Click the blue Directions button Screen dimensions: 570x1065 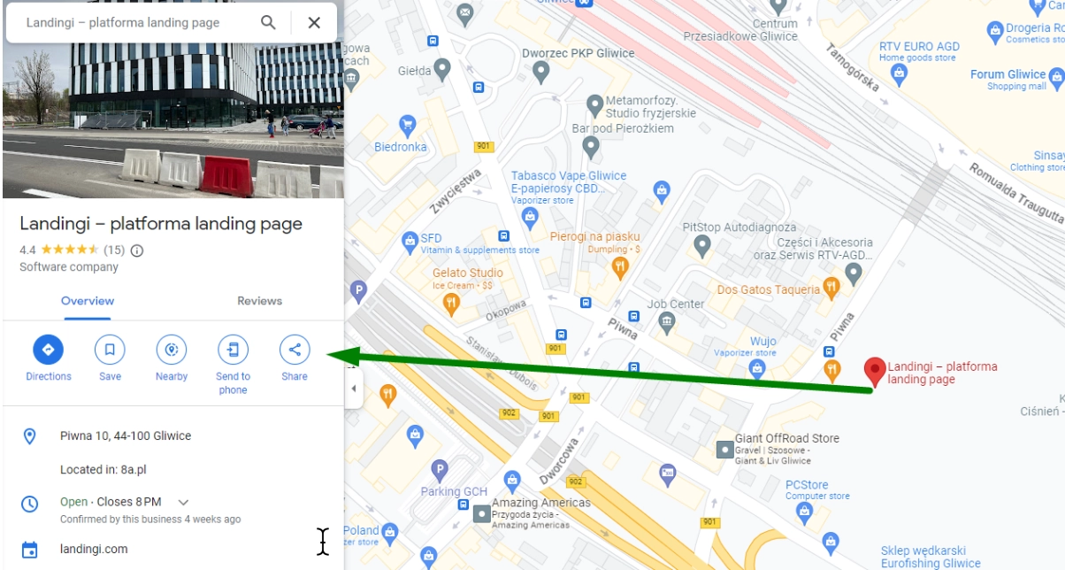[x=48, y=350]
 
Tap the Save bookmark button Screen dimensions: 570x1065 [x=110, y=350]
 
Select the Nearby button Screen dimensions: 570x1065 [x=171, y=350]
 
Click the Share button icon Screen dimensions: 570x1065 [x=295, y=350]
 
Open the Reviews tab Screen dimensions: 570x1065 [x=259, y=301]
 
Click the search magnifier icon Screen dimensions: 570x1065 [x=268, y=22]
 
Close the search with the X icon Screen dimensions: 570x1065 [x=314, y=22]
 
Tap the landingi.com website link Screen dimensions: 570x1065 [x=94, y=549]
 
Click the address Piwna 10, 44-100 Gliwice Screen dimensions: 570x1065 [x=126, y=435]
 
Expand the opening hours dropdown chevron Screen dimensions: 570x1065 [x=183, y=502]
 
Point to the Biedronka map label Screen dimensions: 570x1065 [x=401, y=147]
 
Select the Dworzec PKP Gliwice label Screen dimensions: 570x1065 [x=578, y=53]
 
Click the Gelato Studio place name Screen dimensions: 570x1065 [x=468, y=273]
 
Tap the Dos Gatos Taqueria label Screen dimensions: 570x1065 [x=769, y=289]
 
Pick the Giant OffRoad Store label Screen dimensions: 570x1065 [x=787, y=438]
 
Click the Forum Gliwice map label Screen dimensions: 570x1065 [x=1008, y=74]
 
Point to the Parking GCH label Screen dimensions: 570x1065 [x=453, y=491]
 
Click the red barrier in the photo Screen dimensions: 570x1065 [x=226, y=174]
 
